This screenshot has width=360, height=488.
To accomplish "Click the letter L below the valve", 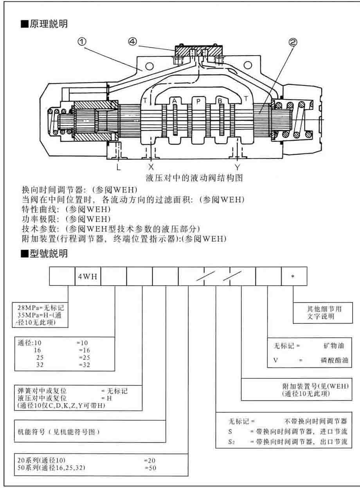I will pyautogui.click(x=118, y=167).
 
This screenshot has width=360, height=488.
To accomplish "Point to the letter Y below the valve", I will pyautogui.click(x=237, y=167).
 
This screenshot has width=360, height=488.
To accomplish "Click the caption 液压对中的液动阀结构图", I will pyautogui.click(x=194, y=178).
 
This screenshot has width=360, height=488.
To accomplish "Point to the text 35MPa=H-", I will pyautogui.click(x=29, y=314).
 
